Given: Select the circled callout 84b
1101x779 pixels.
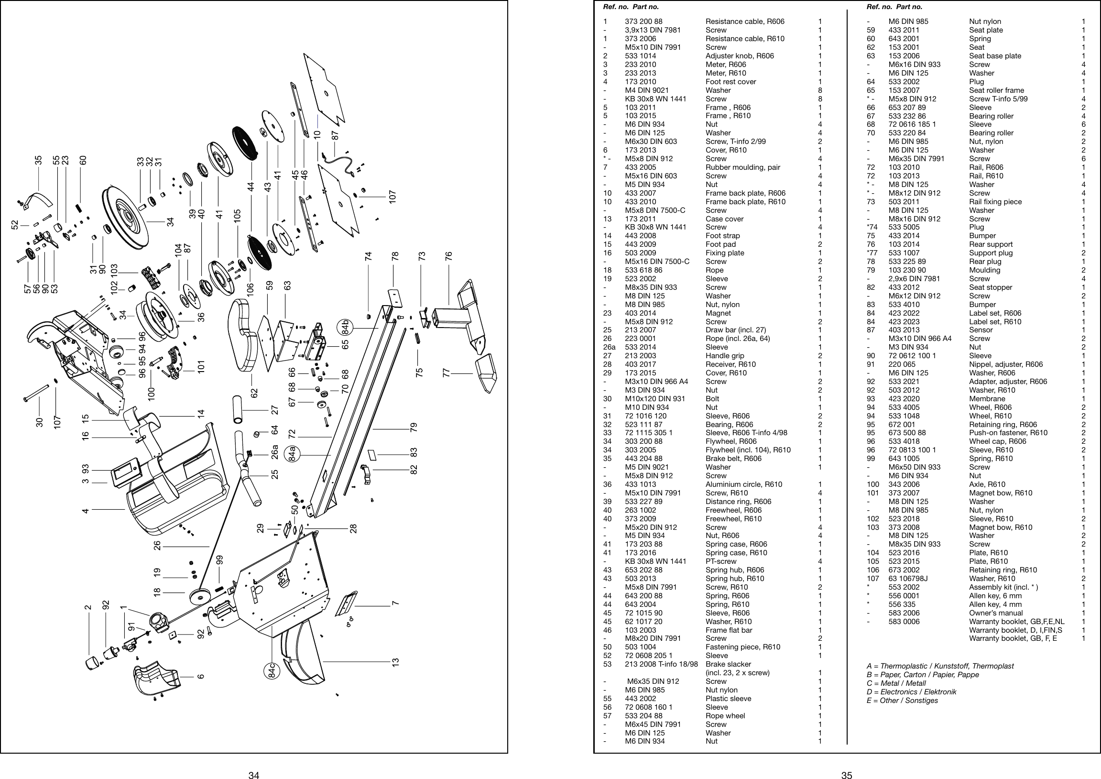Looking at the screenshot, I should click(x=345, y=327).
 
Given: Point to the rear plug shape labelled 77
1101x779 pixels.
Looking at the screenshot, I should click(x=484, y=373).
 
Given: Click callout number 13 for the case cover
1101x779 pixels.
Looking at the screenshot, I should click(x=396, y=662).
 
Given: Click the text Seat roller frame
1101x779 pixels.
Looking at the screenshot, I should click(x=996, y=90).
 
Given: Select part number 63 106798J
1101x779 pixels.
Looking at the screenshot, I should click(x=908, y=579).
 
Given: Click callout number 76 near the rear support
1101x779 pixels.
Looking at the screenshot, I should click(x=449, y=256).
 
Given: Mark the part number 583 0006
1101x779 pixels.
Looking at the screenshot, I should click(x=904, y=622).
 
